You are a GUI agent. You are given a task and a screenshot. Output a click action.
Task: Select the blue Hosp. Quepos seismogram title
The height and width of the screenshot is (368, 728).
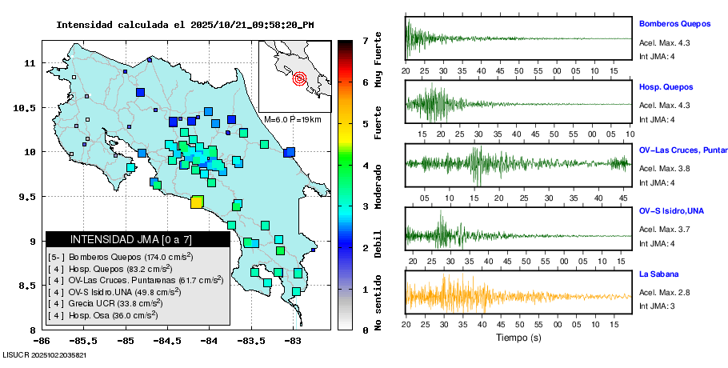point(666,86)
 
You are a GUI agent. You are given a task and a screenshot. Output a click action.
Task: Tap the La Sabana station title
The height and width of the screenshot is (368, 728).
point(658,274)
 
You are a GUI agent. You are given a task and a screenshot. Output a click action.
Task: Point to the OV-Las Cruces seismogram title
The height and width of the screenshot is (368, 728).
point(682,150)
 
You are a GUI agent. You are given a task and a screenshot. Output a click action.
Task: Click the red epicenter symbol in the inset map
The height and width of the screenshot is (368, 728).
point(300,78)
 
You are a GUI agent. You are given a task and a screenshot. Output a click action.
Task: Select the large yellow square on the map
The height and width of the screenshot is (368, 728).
point(197,202)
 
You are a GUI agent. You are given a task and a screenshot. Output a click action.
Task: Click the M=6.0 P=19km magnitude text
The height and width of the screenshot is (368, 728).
point(292,120)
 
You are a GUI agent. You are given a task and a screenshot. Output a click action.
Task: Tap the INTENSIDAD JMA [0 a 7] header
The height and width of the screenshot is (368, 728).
point(131,239)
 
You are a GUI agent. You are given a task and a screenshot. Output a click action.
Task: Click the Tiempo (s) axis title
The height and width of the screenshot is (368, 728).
point(518,338)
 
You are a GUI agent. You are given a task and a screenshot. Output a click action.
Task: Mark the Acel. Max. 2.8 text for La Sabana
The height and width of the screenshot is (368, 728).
point(664,294)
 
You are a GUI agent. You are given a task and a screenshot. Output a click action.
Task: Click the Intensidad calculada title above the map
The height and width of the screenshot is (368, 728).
point(184,25)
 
